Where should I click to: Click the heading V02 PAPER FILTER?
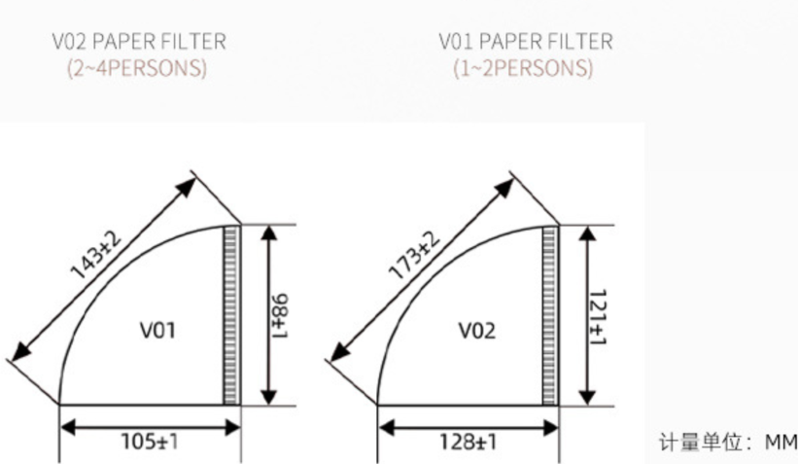[139, 42]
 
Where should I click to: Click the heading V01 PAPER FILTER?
[525, 42]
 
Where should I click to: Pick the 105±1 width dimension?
[150, 442]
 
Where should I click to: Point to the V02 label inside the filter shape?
[477, 330]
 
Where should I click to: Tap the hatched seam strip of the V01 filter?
[231, 314]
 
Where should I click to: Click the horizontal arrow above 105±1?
[150, 423]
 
